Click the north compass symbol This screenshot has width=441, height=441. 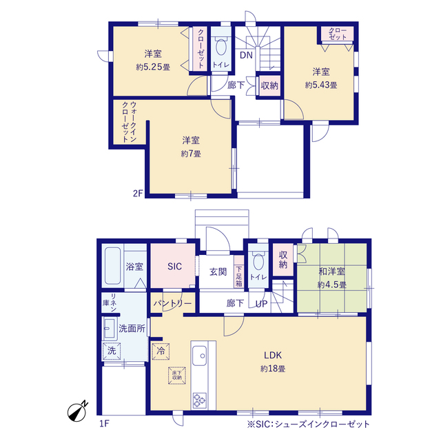coord(77,411)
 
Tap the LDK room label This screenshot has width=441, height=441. coord(273,356)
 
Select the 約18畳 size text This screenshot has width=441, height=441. coord(273,369)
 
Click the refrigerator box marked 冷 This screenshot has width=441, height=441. coord(161,351)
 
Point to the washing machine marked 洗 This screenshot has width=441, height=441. coord(112,351)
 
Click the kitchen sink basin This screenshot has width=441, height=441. coord(199,356)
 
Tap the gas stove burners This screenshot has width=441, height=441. coord(199,400)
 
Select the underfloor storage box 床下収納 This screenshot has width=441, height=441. coord(177,376)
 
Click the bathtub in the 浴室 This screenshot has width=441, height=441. coord(112,266)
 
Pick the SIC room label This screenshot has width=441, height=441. coord(174,267)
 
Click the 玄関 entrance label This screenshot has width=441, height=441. coord(218,271)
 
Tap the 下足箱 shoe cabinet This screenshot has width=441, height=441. coord(239,271)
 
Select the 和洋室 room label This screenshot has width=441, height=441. coord(331,271)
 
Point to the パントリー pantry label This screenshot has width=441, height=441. coord(172,303)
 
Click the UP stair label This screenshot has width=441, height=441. coord(262,304)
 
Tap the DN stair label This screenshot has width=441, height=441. coord(246,55)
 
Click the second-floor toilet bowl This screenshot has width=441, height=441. coord(220,47)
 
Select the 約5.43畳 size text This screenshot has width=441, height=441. coord(321,85)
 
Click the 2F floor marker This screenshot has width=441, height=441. coord(138,194)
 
